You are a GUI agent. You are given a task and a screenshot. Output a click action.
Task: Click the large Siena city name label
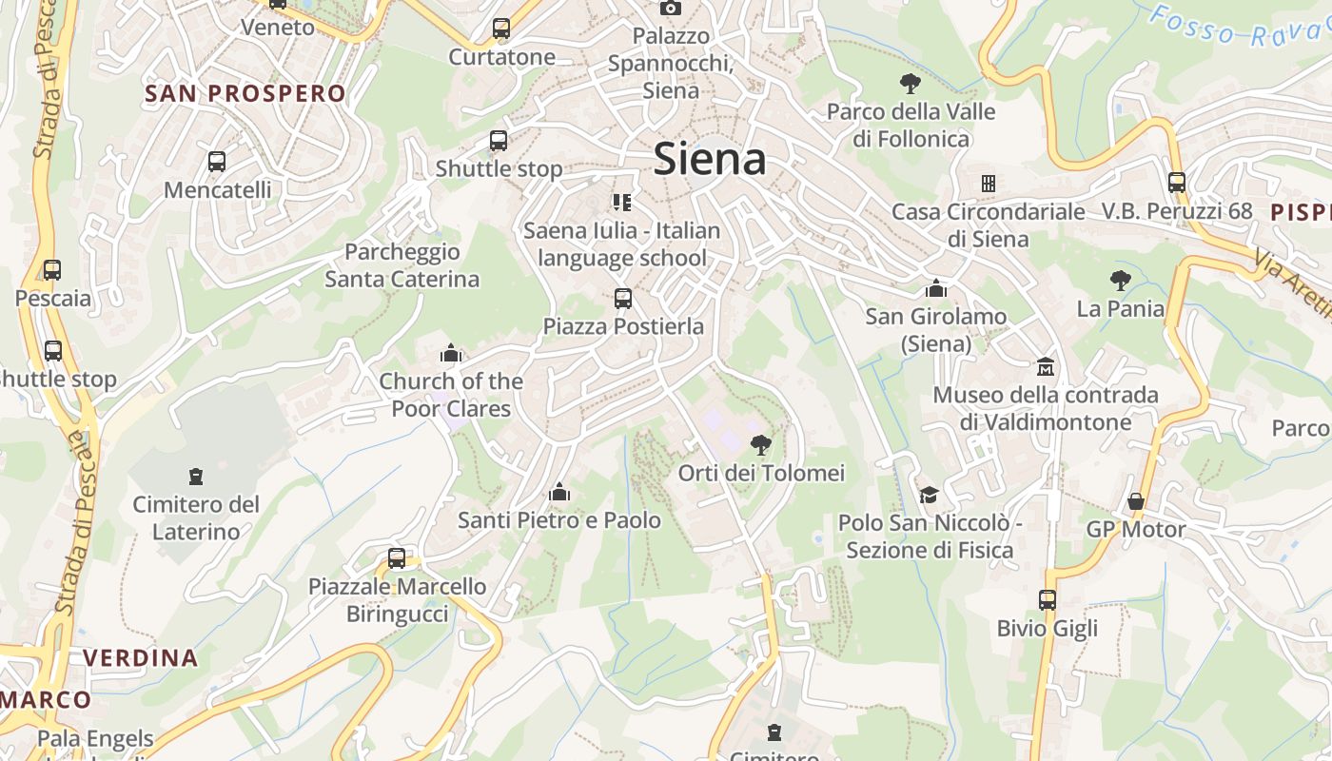pos(710,159)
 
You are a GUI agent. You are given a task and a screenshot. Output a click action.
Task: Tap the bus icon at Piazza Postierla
pos(623,299)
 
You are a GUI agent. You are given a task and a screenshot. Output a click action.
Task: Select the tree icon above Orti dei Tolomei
pos(760,444)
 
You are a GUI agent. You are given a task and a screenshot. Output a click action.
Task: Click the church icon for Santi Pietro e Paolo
pos(559,492)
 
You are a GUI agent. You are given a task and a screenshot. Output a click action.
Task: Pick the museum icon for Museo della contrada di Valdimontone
pos(1046,366)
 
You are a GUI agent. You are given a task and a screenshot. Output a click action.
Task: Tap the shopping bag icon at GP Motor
pos(1136,500)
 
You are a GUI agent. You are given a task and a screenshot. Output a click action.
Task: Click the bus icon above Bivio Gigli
pos(1048,600)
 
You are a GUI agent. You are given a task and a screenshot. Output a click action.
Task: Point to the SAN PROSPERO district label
pos(245,93)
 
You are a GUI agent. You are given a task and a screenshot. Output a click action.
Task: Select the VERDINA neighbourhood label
pos(140,657)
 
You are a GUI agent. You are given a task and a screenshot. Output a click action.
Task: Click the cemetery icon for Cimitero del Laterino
pos(196,476)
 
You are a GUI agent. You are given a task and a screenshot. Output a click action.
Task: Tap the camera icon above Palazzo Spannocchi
pos(671,8)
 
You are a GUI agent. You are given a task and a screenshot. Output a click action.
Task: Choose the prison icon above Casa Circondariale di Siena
pos(989,183)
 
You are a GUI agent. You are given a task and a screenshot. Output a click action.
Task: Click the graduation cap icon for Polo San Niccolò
pos(929,495)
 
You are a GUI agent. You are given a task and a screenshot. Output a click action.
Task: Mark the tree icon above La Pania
pos(1121,280)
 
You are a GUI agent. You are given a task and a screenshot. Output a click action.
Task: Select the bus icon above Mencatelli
pos(217,162)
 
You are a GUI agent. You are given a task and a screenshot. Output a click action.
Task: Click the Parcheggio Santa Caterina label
pos(402,265)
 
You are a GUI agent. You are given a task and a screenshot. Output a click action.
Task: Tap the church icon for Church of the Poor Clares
pos(451,354)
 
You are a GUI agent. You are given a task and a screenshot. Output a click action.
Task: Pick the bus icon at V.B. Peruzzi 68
pos(1177,183)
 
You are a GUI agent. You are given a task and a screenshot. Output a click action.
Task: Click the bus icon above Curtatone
pos(501,29)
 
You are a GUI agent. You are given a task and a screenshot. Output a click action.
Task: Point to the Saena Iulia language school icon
pos(622,202)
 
